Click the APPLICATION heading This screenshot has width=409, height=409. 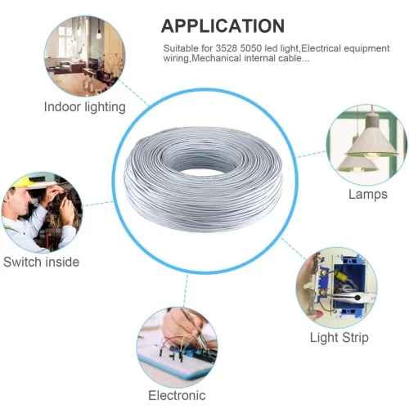click(x=222, y=26)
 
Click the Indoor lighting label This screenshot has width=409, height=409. click(x=85, y=107)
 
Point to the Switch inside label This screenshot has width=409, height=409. click(x=41, y=262)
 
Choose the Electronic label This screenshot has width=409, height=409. click(x=177, y=395)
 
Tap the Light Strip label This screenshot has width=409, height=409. click(x=339, y=338)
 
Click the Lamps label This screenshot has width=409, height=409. click(x=368, y=195)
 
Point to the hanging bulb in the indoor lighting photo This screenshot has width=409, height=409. click(x=99, y=34)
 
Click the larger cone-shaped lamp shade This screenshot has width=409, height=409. click(x=373, y=143)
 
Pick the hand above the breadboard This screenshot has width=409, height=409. click(x=182, y=325)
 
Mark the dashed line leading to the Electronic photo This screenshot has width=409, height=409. click(x=186, y=290)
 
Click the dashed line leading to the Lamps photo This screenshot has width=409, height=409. click(x=311, y=155)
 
